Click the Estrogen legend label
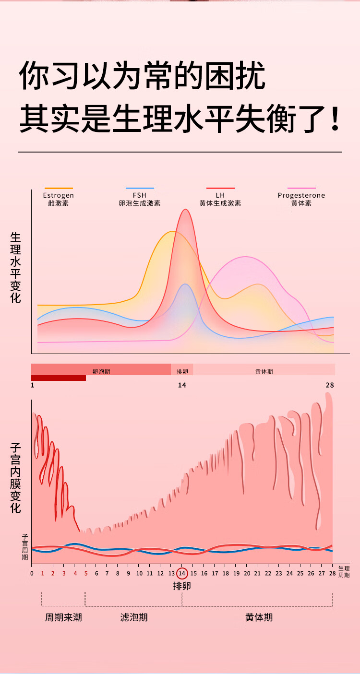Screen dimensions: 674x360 click(x=58, y=196)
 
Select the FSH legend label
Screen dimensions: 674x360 click(x=139, y=196)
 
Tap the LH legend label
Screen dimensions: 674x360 click(x=220, y=196)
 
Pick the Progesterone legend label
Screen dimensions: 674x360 click(x=301, y=196)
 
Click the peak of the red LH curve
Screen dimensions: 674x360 click(x=185, y=210)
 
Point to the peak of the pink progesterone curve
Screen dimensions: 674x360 click(x=246, y=257)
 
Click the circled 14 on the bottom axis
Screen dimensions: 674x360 click(x=182, y=573)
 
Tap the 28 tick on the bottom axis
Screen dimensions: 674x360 click(x=332, y=573)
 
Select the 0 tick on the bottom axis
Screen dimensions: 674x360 click(x=32, y=573)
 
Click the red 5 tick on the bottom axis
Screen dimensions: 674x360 click(x=85, y=573)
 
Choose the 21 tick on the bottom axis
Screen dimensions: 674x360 click(x=257, y=573)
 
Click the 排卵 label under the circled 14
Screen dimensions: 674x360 click(x=182, y=586)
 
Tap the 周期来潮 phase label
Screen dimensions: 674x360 click(x=63, y=617)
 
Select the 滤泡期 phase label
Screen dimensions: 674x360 click(x=134, y=617)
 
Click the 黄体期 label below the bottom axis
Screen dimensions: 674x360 click(x=259, y=617)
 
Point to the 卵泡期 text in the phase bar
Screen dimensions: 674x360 click(x=101, y=372)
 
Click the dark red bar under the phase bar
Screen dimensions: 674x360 click(x=59, y=378)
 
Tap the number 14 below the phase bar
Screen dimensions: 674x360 click(x=182, y=385)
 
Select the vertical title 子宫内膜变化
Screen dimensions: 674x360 click(x=15, y=478)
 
